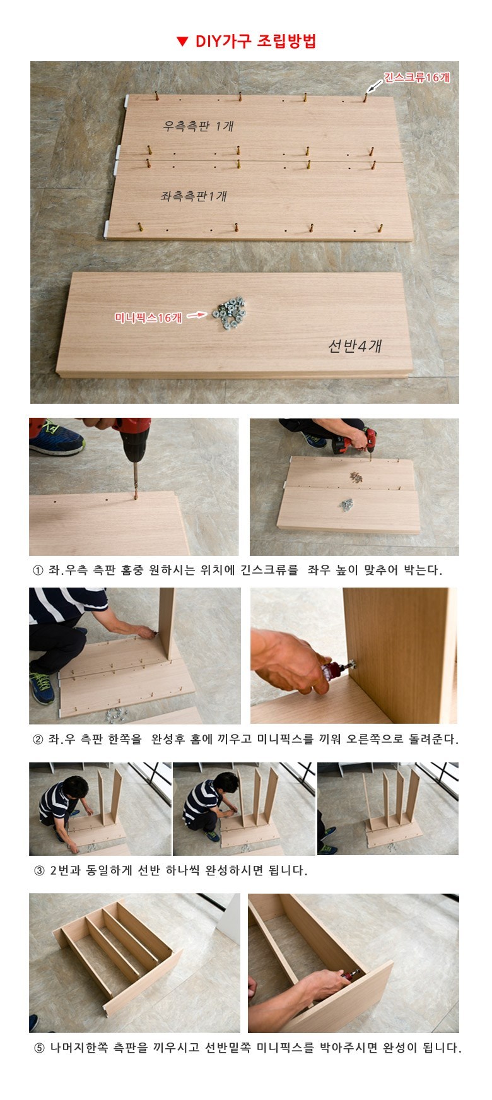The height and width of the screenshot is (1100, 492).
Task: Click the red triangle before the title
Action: tap(182, 42)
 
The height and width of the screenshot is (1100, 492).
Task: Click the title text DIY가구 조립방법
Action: tap(255, 42)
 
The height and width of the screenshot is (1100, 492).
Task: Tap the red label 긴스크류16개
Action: tap(416, 78)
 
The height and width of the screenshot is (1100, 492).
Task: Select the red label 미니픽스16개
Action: tap(148, 318)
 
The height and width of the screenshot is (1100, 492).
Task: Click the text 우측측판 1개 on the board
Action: tap(198, 126)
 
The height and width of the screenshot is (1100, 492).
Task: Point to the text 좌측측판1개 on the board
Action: tap(193, 196)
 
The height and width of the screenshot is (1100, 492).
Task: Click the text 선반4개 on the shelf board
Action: tap(354, 345)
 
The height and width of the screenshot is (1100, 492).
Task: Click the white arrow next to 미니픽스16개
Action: tap(197, 314)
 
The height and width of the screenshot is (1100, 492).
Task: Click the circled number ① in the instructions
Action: tap(37, 571)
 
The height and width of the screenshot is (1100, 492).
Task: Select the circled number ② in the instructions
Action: tap(37, 739)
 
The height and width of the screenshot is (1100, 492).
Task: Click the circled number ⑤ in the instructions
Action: tap(38, 1048)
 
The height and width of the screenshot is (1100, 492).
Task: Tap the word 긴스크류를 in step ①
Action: tap(269, 571)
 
